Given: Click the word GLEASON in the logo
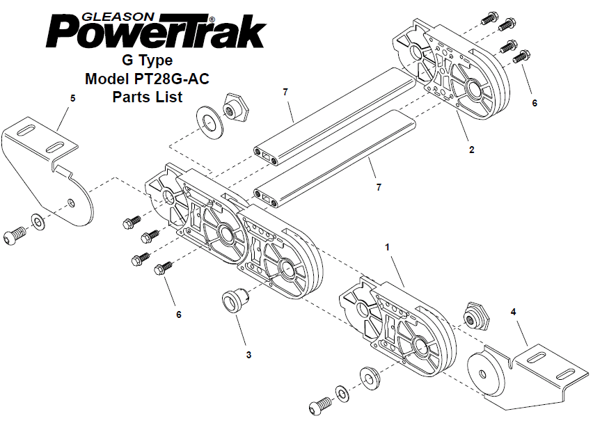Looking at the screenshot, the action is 118,17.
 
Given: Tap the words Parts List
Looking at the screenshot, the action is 148,97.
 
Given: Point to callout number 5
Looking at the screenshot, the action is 72,98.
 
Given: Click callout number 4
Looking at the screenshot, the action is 513,312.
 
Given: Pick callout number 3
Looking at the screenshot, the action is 248,355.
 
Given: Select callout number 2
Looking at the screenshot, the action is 471,150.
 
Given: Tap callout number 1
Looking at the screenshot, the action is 387,247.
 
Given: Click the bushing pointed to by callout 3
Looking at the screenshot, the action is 235,299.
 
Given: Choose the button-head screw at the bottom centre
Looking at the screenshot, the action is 321,406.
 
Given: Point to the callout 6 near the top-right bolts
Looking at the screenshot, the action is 535,103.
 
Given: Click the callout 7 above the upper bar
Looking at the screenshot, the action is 285,92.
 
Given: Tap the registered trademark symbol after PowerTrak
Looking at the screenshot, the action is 212,19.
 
